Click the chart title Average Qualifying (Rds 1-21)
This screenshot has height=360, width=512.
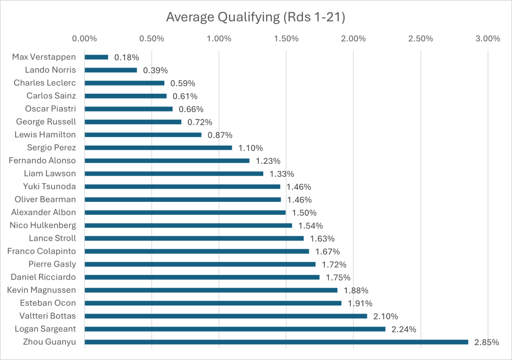(256, 17)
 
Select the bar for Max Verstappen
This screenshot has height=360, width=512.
(96, 57)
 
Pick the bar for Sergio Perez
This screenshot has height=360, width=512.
(158, 148)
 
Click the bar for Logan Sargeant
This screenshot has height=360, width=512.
(235, 329)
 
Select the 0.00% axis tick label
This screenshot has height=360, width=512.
(85, 39)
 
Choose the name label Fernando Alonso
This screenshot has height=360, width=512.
(43, 161)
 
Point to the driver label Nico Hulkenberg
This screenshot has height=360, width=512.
(43, 225)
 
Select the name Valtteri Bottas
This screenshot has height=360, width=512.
(48, 316)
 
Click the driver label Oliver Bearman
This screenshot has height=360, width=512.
(46, 199)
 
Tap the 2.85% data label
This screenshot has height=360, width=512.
(486, 342)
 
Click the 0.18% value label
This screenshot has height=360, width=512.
(127, 58)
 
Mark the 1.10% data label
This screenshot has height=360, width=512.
(250, 148)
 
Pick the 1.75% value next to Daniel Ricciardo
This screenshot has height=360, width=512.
(338, 277)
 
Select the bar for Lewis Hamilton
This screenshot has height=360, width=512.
(143, 135)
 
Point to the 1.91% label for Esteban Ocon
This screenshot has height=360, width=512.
(359, 303)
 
